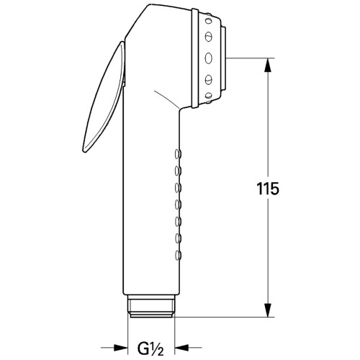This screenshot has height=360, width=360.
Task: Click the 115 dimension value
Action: point(268,189)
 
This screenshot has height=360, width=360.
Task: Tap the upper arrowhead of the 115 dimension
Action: point(268,65)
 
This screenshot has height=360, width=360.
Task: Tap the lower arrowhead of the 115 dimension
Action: point(268,310)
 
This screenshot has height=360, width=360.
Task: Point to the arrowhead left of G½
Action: point(120,347)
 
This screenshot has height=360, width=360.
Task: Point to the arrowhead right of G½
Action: point(181,347)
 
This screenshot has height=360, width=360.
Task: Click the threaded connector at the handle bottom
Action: point(151,307)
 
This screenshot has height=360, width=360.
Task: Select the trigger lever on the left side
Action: point(104,97)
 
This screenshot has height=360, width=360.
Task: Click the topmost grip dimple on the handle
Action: point(178,153)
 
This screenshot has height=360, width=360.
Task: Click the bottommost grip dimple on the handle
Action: point(178,255)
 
